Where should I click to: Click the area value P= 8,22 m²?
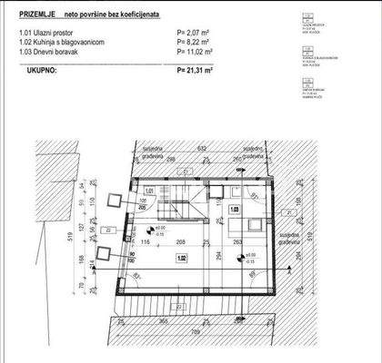pos(196,42)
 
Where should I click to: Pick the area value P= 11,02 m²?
pos(198,52)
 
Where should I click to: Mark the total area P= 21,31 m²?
pos(199,68)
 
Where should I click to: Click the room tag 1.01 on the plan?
pos(147,191)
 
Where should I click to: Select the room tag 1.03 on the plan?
pos(234,210)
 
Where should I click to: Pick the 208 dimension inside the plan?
pos(182,241)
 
